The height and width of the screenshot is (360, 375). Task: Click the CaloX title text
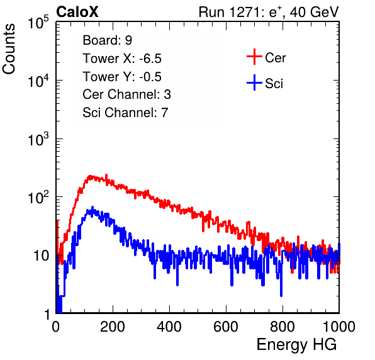[77, 12]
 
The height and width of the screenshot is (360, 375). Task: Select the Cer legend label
[275, 58]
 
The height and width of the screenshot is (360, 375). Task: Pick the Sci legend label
[274, 84]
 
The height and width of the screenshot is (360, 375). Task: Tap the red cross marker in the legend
[254, 57]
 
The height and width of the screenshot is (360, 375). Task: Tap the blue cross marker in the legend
[254, 82]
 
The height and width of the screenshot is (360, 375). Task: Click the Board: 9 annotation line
[107, 40]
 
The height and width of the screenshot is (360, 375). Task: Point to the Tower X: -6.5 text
[122, 59]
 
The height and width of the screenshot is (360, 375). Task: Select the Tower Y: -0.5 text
[122, 77]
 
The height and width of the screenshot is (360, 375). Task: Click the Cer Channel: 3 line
[126, 94]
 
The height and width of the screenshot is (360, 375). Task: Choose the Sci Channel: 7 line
[125, 113]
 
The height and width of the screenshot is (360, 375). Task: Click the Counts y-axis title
[9, 49]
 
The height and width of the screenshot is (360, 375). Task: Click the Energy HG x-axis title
[296, 345]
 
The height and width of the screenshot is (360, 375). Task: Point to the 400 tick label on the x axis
[169, 327]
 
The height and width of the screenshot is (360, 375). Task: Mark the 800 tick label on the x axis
[283, 327]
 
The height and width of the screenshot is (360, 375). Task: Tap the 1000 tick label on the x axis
[339, 327]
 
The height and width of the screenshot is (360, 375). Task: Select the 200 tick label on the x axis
[113, 327]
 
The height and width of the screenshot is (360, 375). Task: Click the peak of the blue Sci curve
[92, 207]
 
